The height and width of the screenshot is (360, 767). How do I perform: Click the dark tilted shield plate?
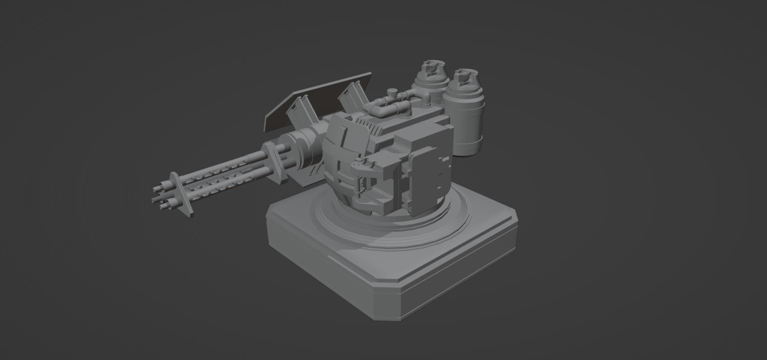click(x=318, y=99)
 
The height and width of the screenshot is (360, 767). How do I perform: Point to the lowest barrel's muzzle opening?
click(x=162, y=206)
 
